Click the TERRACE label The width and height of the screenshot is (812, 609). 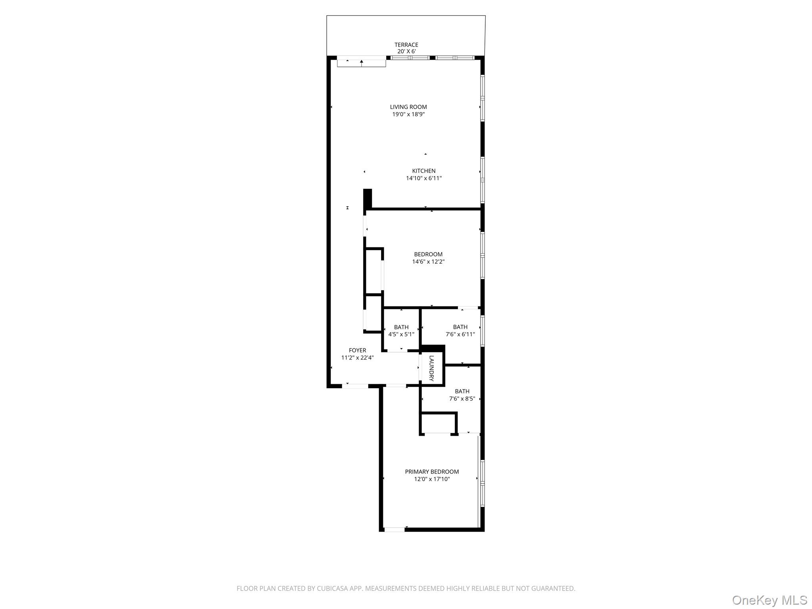coord(406,45)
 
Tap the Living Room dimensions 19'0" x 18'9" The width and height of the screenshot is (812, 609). coord(408,114)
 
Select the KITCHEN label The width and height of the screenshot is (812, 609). coord(423,171)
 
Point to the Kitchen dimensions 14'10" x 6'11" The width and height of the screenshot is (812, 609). coord(423,178)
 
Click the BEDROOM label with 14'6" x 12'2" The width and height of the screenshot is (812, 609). coord(428,254)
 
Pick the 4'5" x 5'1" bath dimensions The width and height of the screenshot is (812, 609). coord(401,334)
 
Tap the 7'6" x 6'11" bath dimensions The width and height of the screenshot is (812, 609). coord(460,334)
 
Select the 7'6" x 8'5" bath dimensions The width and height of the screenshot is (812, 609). coord(462,398)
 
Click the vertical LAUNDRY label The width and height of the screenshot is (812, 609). coord(431,368)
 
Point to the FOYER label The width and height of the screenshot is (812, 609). coord(357,350)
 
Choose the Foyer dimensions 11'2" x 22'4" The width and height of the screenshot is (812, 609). coord(357,358)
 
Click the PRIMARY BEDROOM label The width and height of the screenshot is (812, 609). coord(432,471)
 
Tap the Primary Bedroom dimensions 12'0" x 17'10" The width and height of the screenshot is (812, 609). coord(432,479)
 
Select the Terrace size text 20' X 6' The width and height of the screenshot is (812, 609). coord(406,52)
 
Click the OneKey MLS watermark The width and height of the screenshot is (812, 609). coord(769,600)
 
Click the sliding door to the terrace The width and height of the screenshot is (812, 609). coord(361,62)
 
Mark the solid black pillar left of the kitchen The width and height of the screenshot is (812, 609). coord(368,198)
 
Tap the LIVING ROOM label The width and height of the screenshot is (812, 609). coord(408,107)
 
